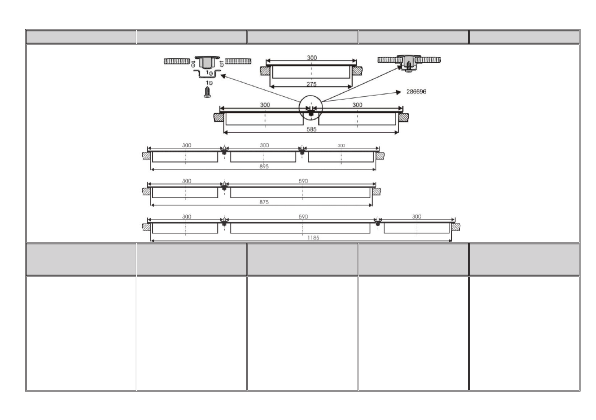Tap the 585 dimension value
[311, 128]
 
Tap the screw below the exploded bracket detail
[207, 91]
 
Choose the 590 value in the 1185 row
[303, 216]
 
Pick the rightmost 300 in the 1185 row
[417, 216]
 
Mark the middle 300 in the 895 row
[264, 145]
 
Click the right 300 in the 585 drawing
[357, 105]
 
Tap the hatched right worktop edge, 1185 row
[457, 226]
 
